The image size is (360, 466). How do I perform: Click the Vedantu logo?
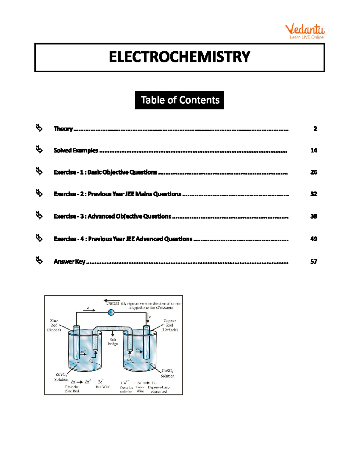point(305,32)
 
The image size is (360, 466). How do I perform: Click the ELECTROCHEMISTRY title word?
point(179,57)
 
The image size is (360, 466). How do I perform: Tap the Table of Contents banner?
point(179,100)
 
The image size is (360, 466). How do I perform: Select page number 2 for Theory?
point(315,129)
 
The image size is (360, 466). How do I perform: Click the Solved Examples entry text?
point(76,150)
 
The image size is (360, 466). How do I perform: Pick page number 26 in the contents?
point(313,172)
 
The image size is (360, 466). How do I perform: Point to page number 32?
point(313,194)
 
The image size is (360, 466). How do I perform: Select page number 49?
point(313,239)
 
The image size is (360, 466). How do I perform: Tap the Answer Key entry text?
point(69,262)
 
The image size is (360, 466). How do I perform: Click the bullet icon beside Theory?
point(39,128)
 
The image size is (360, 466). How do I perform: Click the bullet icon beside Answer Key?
point(39,260)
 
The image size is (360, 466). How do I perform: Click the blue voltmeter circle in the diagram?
point(111,312)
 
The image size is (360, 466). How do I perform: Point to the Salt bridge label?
point(113,342)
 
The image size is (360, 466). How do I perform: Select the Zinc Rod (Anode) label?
point(54,325)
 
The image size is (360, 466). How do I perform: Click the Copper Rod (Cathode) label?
point(169,325)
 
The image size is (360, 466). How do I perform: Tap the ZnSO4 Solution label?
point(61,377)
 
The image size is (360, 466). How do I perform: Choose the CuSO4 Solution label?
point(167,373)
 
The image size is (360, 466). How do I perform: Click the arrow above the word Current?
point(112,300)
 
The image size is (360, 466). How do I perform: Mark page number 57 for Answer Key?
point(313,262)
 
